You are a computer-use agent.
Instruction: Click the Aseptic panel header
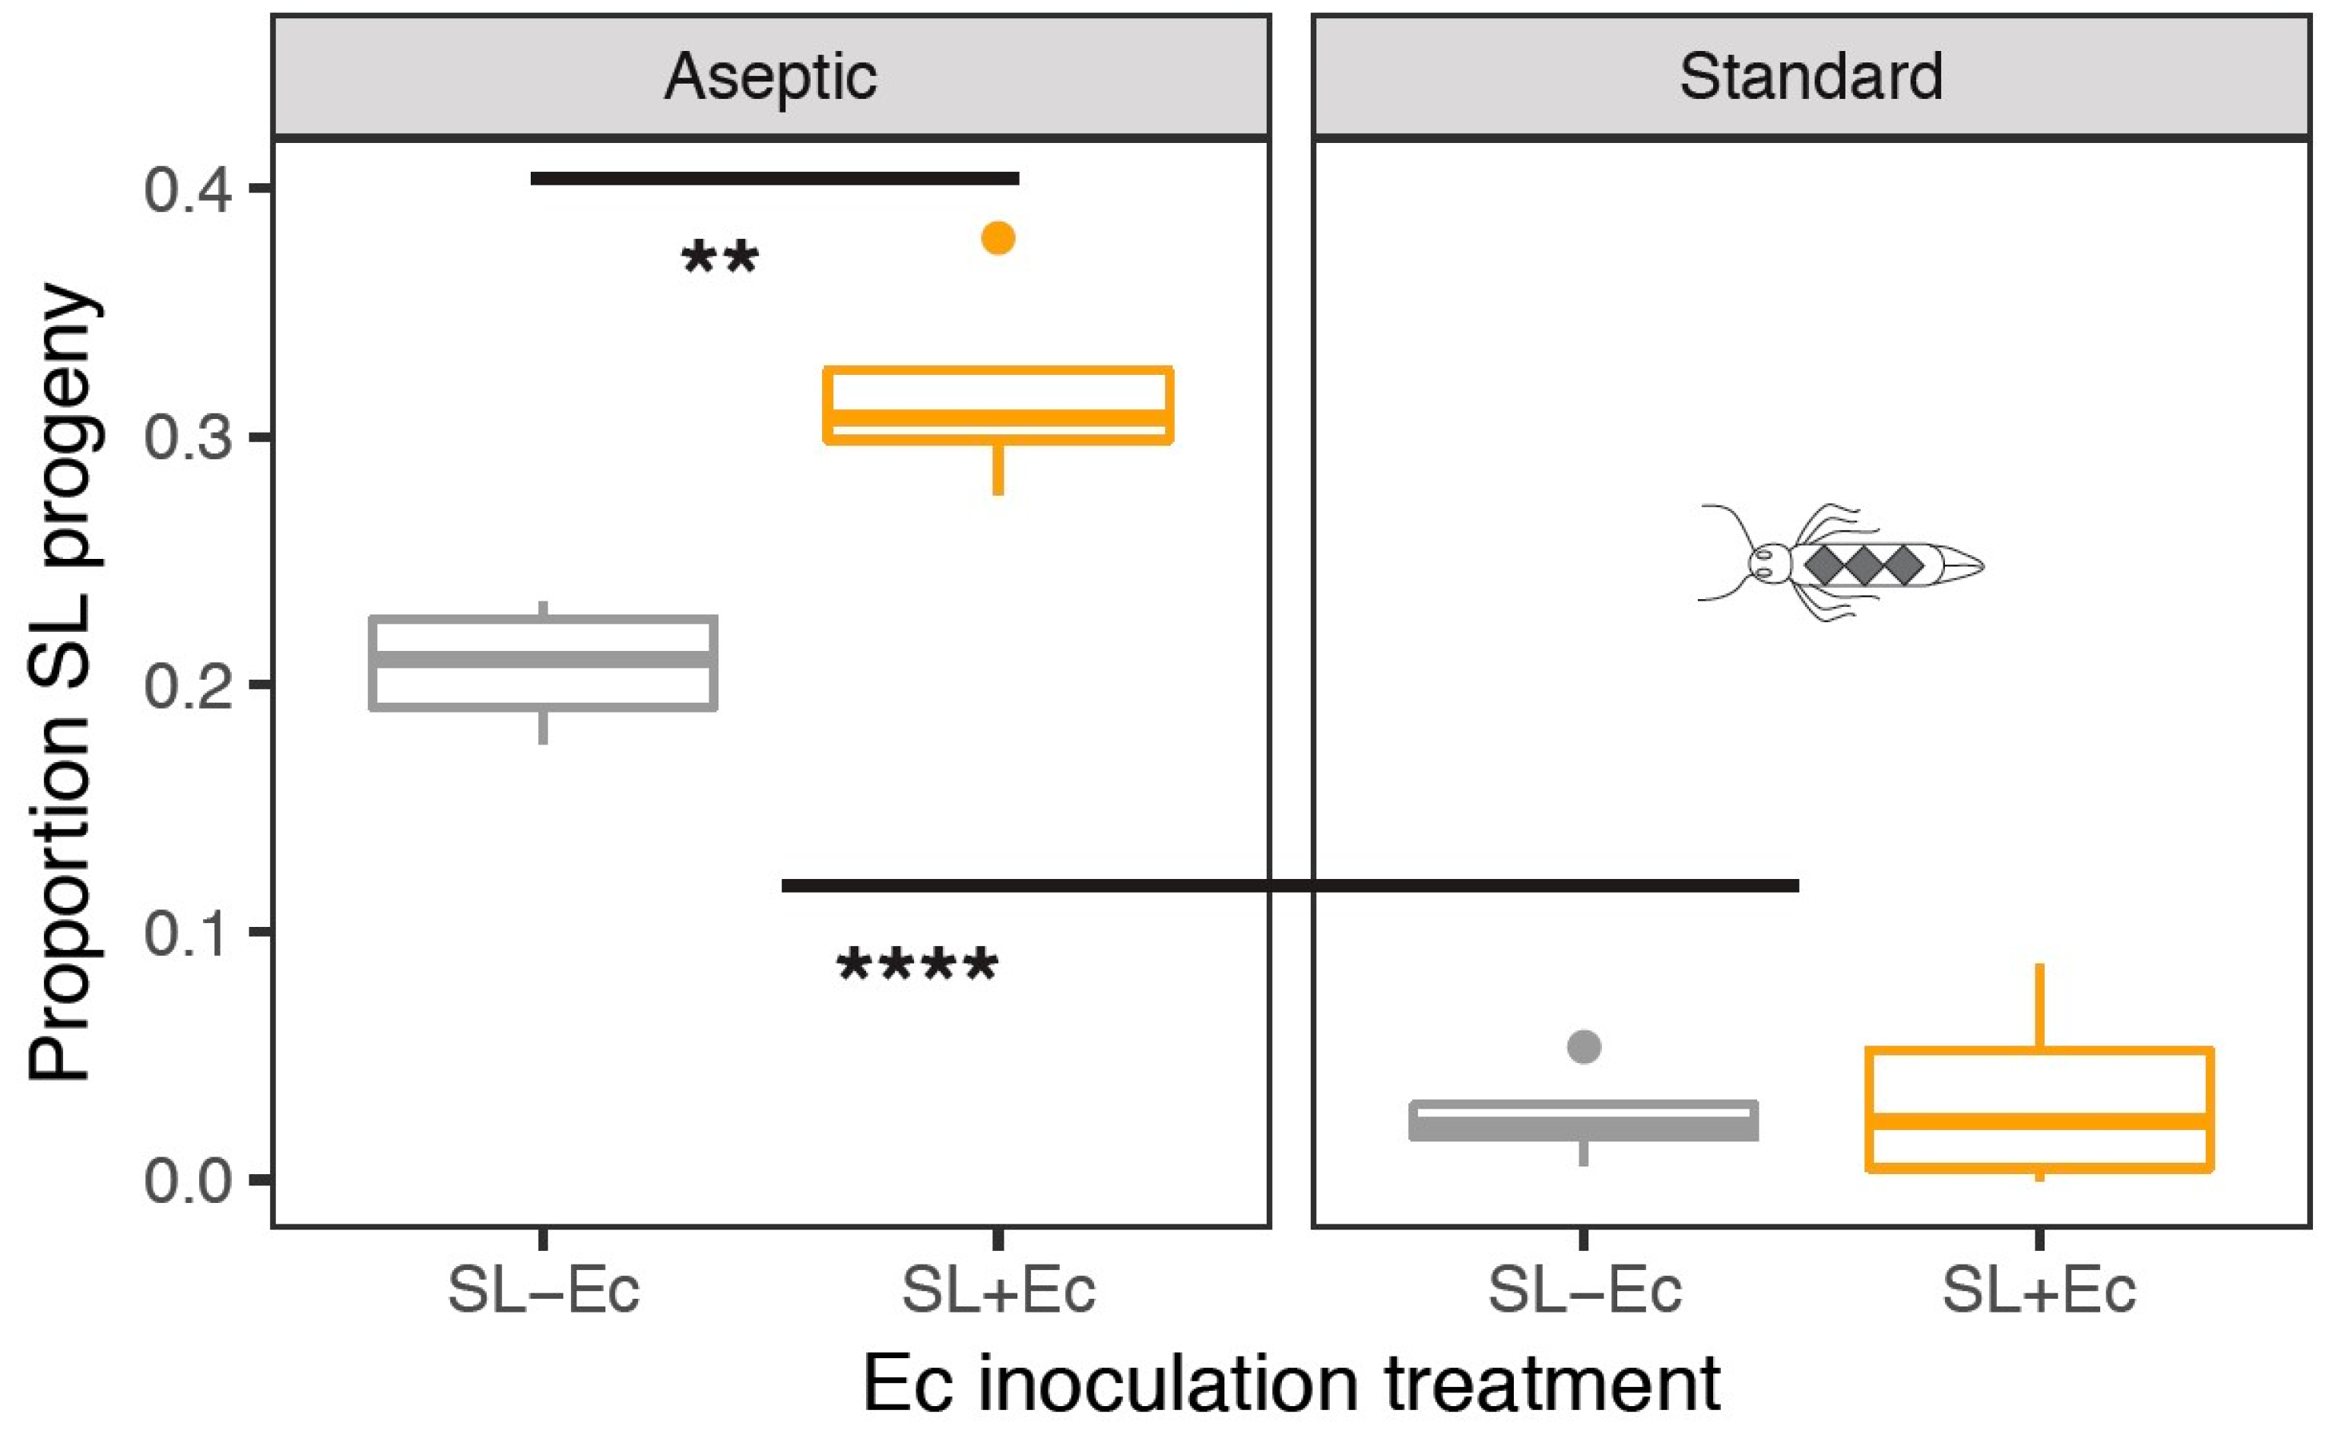coord(770,76)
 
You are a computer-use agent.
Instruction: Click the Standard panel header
coord(1810,76)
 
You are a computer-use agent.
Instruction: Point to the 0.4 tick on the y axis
coord(188,189)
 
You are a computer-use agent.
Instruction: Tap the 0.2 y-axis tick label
coord(188,685)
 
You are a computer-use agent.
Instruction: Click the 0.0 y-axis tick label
coord(188,1180)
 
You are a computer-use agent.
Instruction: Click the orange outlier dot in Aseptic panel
coord(998,237)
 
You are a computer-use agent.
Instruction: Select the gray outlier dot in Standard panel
coord(1584,1046)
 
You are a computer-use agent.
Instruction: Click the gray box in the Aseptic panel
coord(543,663)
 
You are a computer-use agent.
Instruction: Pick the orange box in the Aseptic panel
coord(998,405)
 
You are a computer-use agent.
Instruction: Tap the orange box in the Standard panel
coord(2039,1109)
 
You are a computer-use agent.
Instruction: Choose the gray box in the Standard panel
coord(1584,1121)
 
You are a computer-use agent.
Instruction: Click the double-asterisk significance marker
coord(720,259)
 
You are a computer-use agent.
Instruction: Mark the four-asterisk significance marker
coord(918,966)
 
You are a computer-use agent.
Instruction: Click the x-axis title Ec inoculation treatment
coord(1290,1384)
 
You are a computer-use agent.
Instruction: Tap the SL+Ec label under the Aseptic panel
coord(998,1291)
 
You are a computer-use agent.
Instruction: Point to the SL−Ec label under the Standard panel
coord(1584,1291)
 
